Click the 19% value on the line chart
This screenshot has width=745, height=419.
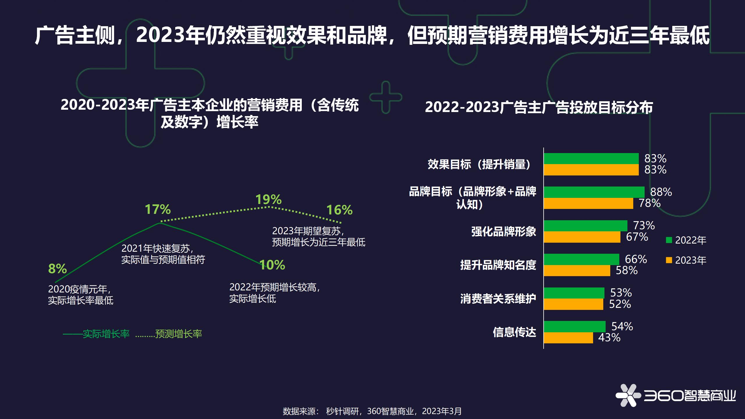coord(268,200)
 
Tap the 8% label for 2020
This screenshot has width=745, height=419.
coord(57,269)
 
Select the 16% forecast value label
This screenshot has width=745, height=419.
coord(339,210)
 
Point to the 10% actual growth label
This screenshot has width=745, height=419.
coord(272,265)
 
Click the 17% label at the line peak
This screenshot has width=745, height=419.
coord(158,210)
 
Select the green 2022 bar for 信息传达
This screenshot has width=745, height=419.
coord(574,326)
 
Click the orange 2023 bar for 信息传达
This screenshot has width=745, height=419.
coord(568,338)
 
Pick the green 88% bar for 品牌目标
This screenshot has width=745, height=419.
coord(594,192)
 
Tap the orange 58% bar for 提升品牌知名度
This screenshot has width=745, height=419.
coord(577,271)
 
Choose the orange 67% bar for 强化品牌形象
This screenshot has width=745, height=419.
coord(582,237)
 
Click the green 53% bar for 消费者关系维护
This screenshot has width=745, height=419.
coord(574,293)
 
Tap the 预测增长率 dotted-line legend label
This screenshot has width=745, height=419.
coord(178,334)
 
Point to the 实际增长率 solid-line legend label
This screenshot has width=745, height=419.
coord(106,334)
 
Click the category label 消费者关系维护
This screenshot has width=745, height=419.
coord(498,299)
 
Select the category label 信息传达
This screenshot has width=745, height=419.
coord(514,332)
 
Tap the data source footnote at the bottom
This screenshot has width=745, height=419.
coord(372,411)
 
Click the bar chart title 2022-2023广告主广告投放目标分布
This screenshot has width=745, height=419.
coord(539,107)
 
